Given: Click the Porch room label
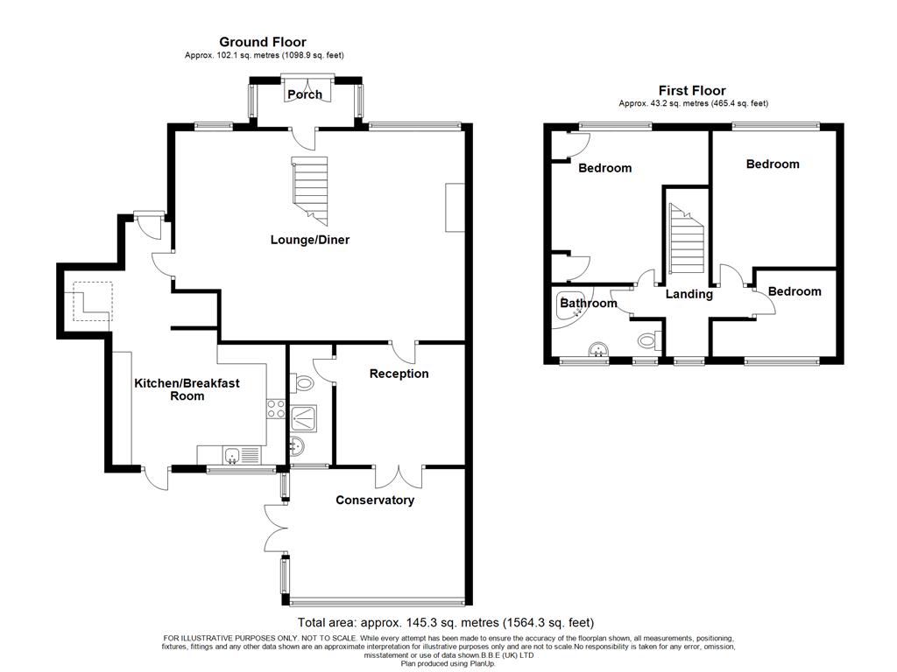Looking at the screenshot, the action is (304, 94).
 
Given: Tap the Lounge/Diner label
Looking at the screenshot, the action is (310, 240).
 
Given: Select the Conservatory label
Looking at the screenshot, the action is (375, 500).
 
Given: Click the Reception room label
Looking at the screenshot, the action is (399, 374).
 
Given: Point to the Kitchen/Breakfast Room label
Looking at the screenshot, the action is (187, 389).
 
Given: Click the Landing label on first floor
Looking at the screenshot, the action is (689, 294).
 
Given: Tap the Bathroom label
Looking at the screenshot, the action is (589, 303).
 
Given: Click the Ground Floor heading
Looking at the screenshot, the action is (263, 42).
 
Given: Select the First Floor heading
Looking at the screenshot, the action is (692, 90).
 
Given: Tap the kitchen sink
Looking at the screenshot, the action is (231, 455).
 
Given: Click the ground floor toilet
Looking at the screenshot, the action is (304, 383).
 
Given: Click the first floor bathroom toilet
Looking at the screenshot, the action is (649, 341).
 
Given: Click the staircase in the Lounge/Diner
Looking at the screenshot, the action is (310, 191).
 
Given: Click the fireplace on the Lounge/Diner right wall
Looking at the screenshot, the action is (456, 207).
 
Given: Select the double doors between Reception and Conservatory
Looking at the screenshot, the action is (399, 477).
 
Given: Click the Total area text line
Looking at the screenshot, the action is (446, 622).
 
